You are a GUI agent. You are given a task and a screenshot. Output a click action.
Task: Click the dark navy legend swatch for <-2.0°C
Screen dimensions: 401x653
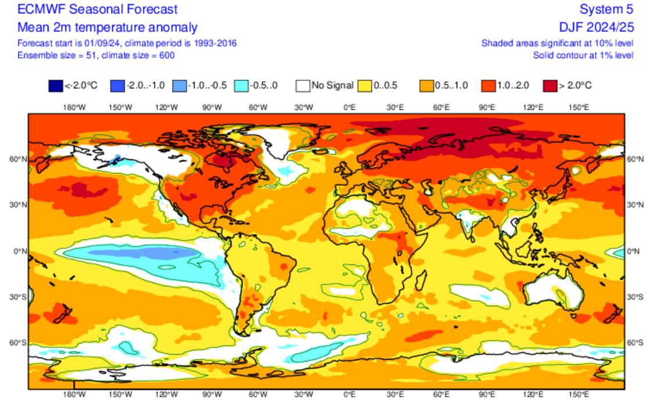click(55, 86)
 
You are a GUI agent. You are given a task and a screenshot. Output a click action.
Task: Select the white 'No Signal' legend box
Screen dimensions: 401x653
click(302, 86)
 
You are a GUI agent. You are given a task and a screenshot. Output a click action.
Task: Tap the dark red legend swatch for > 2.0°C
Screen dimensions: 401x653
click(549, 86)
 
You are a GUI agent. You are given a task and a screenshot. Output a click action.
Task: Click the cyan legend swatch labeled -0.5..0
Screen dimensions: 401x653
click(241, 86)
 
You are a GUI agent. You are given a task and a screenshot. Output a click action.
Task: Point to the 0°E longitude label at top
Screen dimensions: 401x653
click(349, 107)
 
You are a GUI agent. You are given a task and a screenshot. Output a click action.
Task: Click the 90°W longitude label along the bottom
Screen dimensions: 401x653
click(211, 395)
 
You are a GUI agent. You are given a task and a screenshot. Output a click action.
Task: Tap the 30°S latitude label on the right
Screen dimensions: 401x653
click(636, 297)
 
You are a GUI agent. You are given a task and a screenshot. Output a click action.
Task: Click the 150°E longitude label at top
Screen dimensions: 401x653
click(579, 107)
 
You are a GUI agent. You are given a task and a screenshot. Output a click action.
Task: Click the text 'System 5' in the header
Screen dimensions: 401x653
click(607, 9)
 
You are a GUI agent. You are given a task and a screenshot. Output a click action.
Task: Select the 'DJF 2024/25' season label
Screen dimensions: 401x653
click(596, 27)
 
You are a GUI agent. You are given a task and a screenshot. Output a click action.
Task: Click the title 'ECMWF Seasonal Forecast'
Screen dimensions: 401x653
click(98, 9)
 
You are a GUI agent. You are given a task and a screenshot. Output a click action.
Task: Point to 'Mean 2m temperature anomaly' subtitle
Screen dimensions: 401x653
click(107, 27)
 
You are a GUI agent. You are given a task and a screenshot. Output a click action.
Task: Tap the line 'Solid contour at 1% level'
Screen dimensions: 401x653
click(583, 55)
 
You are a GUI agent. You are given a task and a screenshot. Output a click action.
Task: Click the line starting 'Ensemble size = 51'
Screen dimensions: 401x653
click(96, 55)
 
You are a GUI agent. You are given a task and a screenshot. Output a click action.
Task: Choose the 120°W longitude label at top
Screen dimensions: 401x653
click(166, 107)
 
